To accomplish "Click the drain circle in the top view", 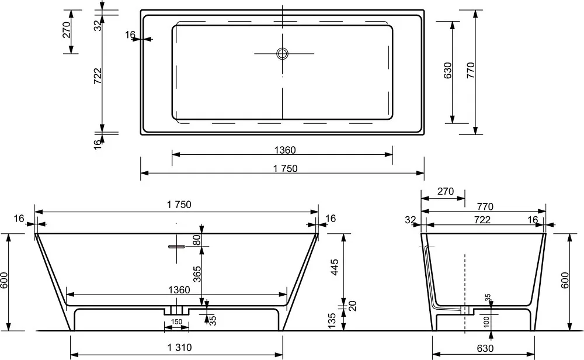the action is click(x=282, y=54).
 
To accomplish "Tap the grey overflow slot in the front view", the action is click(x=176, y=247).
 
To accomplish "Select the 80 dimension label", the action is click(x=197, y=240).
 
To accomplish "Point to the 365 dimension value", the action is click(x=197, y=274).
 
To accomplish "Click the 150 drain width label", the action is click(x=176, y=321).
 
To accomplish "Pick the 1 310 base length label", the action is click(x=179, y=347).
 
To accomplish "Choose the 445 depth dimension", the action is click(x=335, y=267).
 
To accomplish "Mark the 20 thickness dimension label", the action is click(x=353, y=306).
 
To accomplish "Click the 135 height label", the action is click(x=332, y=320).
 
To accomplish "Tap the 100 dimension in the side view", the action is click(x=486, y=322).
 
